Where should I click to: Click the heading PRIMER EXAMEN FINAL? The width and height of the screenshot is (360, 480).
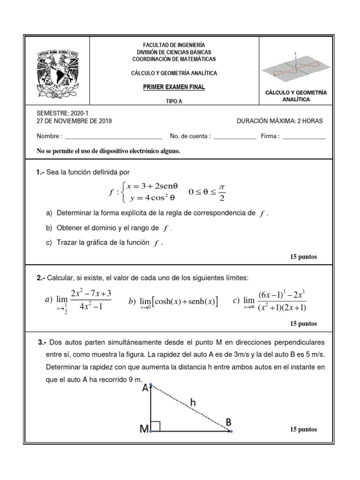coord(173,87)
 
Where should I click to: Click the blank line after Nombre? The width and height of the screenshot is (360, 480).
coord(113,137)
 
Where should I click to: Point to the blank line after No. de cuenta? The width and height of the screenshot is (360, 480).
coord(234,137)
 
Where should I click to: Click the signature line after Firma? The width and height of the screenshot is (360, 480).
coord(304,137)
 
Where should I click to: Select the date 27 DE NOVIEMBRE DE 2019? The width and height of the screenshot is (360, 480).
coord(74,121)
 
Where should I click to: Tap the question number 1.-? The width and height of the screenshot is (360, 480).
coord(40,172)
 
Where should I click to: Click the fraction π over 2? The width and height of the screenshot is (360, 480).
coord(222,192)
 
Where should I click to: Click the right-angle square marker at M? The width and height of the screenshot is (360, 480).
coord(156,426)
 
